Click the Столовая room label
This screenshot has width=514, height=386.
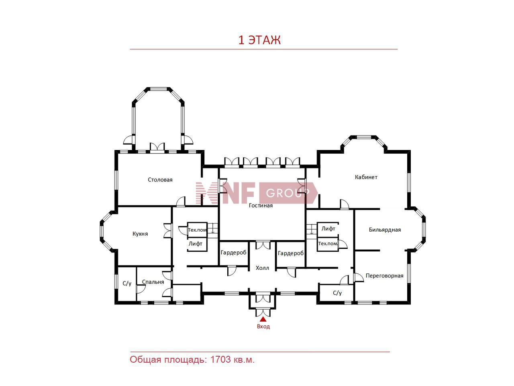(x=160, y=180)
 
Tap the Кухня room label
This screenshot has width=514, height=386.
(x=140, y=234)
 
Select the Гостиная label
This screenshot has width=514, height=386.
(x=261, y=205)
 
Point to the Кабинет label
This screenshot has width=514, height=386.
(x=366, y=177)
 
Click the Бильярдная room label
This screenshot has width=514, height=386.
(x=385, y=230)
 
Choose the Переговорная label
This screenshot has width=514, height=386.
(x=385, y=276)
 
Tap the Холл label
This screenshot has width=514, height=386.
(x=262, y=268)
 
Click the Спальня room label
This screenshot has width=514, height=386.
(x=153, y=282)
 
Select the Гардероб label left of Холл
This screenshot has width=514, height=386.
(x=233, y=253)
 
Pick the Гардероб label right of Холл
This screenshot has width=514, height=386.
(x=291, y=253)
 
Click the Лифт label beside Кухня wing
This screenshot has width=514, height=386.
(x=195, y=244)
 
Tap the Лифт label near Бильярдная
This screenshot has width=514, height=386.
(x=328, y=228)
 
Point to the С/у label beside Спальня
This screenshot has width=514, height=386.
(x=127, y=283)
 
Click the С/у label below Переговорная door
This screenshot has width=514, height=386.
(x=337, y=293)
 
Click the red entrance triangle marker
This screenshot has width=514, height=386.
(x=263, y=319)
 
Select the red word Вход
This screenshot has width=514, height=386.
(x=263, y=326)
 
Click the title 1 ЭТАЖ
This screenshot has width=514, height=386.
(x=259, y=40)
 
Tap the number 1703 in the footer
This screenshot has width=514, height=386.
(x=220, y=359)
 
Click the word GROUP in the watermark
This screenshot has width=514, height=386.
(x=288, y=193)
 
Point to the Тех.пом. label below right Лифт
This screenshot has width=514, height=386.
(x=328, y=244)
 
